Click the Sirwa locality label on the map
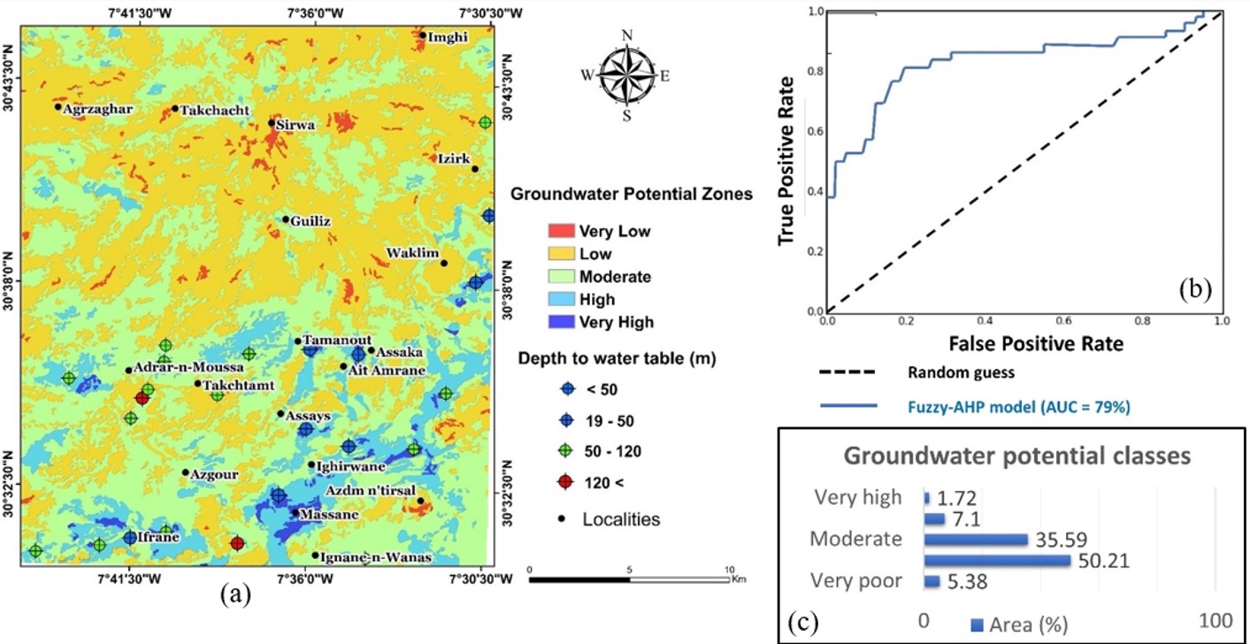[x=296, y=126]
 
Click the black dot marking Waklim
[x=444, y=263]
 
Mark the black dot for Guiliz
[x=286, y=219]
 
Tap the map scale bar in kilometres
[x=629, y=580]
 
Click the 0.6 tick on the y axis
[x=815, y=132]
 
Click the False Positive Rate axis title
[x=1024, y=342]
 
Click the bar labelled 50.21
[x=997, y=561]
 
